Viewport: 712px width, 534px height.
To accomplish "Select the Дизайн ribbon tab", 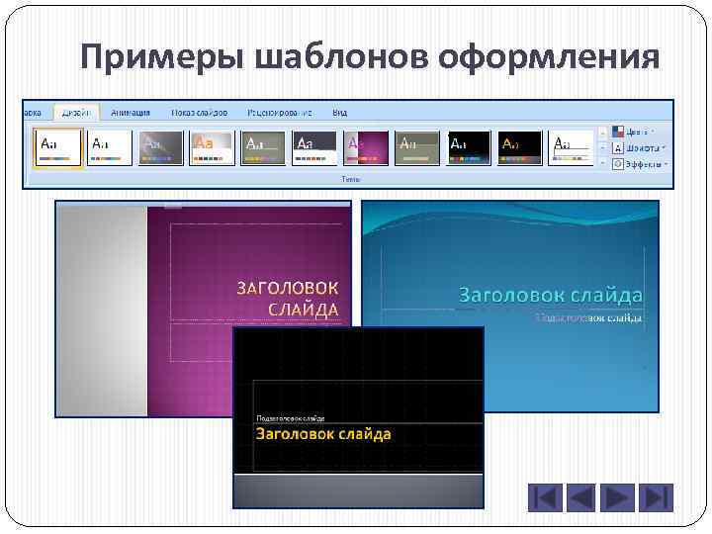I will (x=77, y=112).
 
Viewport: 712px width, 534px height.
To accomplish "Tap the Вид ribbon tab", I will (x=340, y=112).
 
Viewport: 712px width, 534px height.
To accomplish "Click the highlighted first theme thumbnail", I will (x=56, y=147).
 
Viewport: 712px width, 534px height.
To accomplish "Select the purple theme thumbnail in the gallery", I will (x=365, y=147).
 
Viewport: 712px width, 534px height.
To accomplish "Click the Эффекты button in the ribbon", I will (x=641, y=164).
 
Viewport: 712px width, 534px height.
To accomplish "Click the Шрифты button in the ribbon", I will (x=641, y=147).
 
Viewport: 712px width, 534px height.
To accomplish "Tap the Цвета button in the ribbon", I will (x=639, y=131).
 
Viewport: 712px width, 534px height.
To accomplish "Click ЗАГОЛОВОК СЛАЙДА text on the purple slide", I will (x=288, y=298).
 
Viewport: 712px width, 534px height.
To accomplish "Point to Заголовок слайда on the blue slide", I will (x=550, y=295).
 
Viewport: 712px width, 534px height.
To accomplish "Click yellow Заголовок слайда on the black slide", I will (x=323, y=433).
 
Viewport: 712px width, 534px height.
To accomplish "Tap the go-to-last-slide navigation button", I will (x=657, y=497).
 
